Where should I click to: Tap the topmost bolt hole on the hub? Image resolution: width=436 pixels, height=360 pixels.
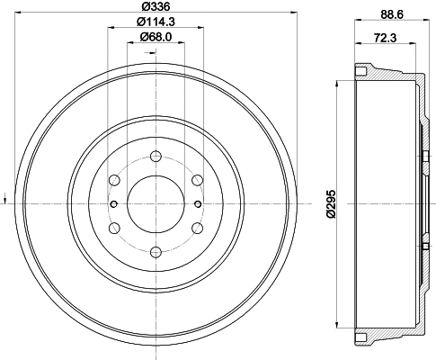click(155, 152)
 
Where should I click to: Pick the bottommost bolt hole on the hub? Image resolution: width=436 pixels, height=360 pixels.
click(155, 251)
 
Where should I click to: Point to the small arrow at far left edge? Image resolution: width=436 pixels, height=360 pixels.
click(6, 196)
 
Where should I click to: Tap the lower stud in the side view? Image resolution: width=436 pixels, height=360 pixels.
click(423, 244)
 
